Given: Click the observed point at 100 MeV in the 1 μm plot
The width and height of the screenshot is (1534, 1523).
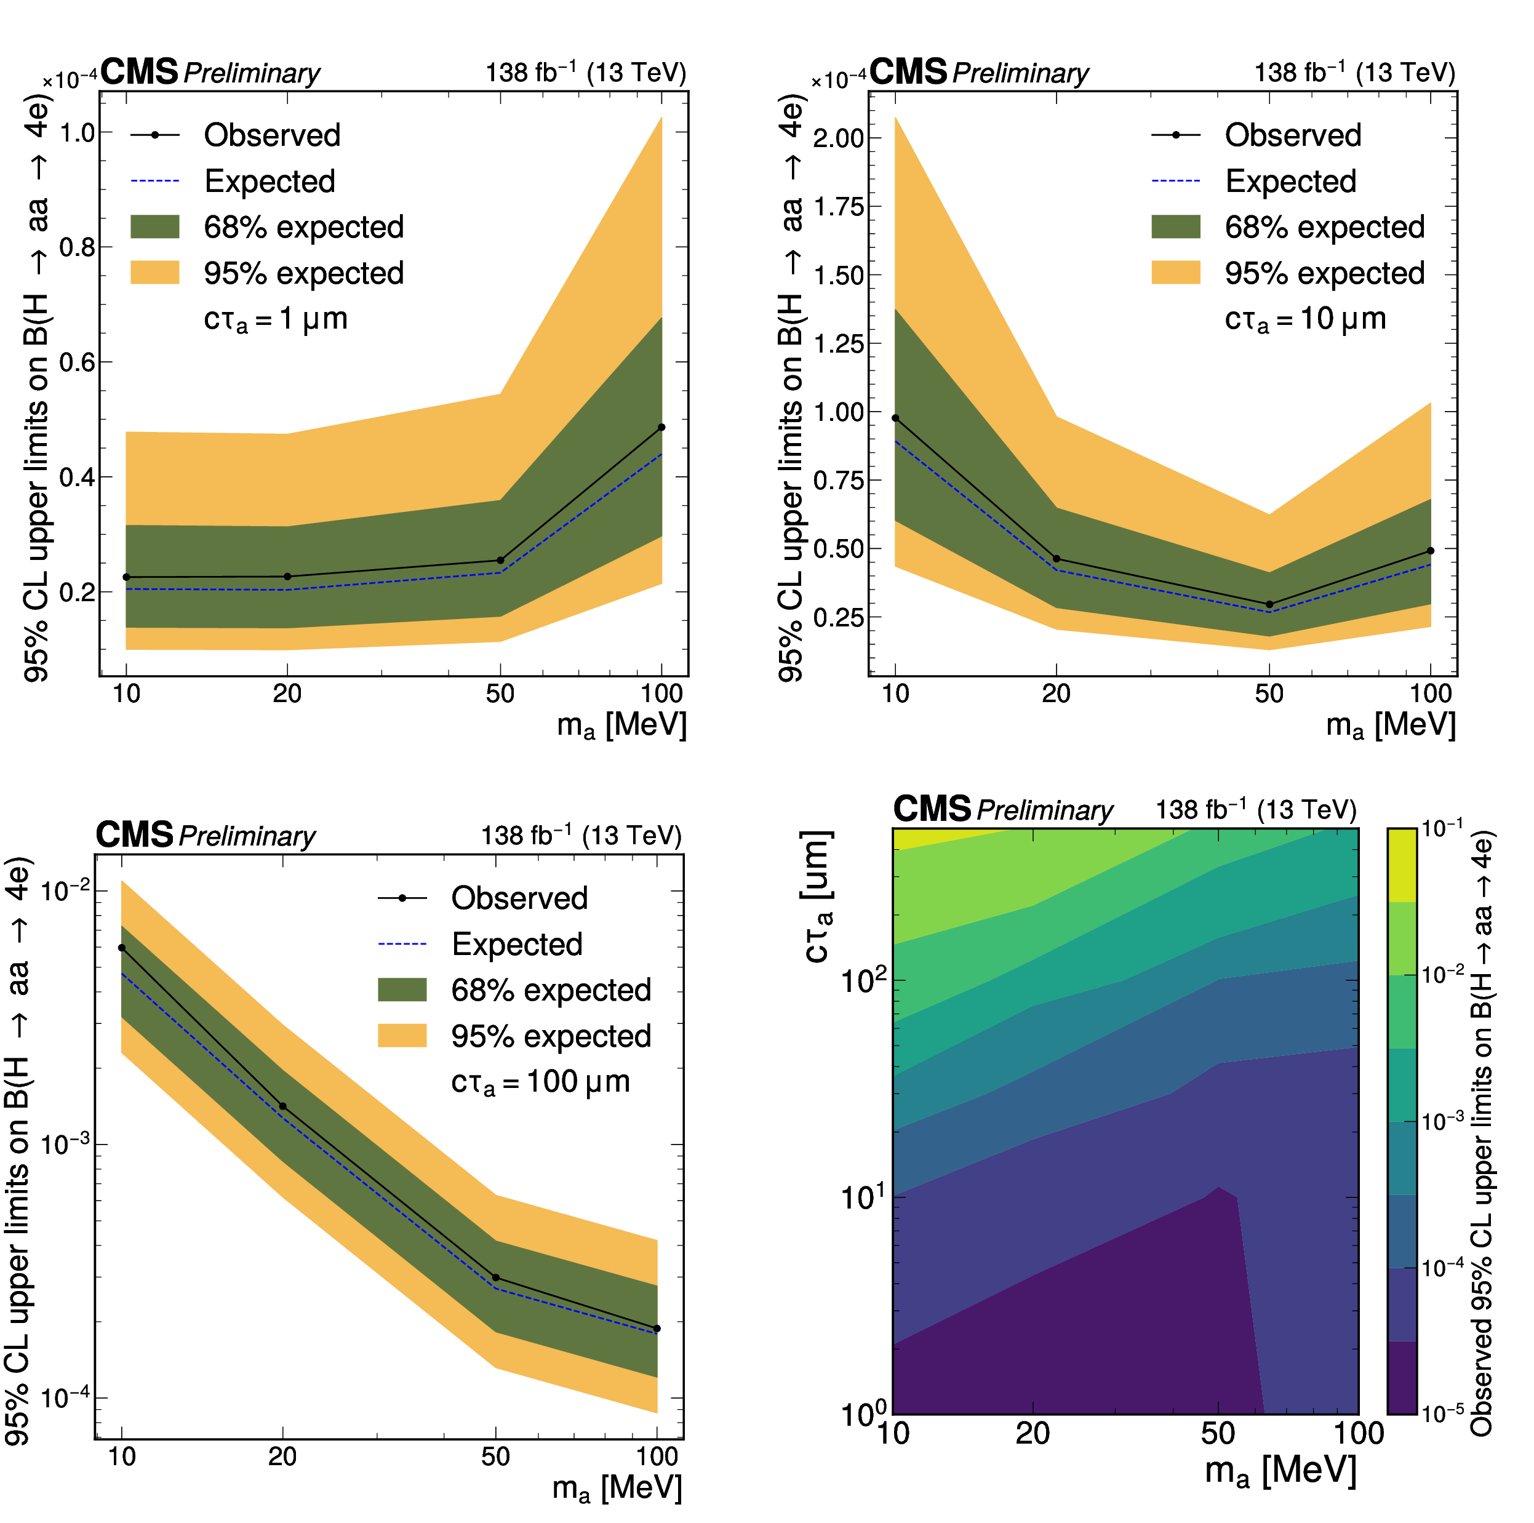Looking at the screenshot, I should [661, 427].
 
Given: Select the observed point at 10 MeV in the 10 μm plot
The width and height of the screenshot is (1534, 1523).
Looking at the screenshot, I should [896, 418].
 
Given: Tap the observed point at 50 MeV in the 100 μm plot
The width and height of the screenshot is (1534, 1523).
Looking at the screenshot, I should [495, 1277].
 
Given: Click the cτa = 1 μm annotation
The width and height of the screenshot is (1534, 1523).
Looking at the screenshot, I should [276, 319].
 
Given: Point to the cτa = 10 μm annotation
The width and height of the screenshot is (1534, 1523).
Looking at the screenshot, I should [1304, 319].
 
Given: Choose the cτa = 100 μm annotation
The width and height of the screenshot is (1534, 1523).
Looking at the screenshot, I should [540, 1082].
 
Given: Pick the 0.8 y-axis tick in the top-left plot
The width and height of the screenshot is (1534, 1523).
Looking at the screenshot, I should [78, 247].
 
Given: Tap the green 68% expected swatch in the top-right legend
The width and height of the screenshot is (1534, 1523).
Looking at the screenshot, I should [1175, 227].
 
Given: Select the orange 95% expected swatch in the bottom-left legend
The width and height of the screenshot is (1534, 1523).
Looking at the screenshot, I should [402, 1036].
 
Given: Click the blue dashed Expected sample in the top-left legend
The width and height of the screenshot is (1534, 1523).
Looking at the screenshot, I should [155, 181].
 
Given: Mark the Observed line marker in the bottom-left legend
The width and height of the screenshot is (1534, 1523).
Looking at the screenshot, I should [402, 898].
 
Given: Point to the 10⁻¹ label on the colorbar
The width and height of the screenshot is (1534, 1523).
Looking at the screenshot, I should [1442, 829].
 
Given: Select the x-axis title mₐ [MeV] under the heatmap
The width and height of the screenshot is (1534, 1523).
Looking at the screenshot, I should [1280, 1471].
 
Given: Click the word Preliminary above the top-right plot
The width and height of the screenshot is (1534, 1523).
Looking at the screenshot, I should [1020, 74].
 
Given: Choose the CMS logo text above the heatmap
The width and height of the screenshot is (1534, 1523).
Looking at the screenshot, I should [932, 809].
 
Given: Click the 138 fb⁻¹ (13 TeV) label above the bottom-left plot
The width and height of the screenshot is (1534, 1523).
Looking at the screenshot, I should [581, 836].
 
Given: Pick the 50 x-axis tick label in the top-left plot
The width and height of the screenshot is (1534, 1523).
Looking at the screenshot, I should [500, 694].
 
